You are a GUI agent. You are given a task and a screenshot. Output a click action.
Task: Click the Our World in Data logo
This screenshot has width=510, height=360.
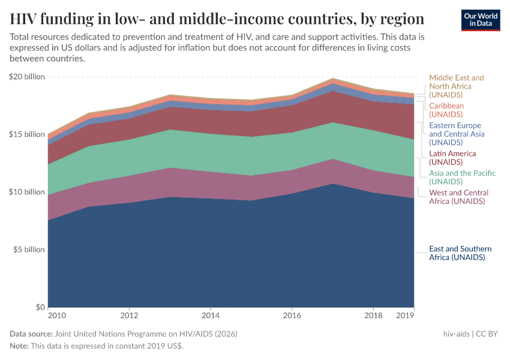click(x=481, y=20)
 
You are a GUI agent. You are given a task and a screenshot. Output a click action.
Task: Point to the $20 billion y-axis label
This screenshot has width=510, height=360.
click(x=27, y=77)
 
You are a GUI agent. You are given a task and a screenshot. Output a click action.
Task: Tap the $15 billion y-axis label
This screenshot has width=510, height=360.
click(x=27, y=134)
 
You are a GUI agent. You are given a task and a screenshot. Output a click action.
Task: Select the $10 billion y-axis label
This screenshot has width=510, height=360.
click(x=27, y=192)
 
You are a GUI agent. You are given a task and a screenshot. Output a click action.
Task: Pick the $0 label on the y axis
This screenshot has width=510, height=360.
click(x=39, y=307)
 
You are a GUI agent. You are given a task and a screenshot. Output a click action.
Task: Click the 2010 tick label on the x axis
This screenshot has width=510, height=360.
click(x=56, y=315)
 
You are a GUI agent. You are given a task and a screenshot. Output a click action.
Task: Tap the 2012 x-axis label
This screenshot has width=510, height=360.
click(x=129, y=315)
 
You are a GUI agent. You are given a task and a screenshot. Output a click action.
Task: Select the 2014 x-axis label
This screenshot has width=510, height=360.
click(x=211, y=315)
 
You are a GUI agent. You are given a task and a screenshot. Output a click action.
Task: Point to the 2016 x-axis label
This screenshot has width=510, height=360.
click(x=292, y=315)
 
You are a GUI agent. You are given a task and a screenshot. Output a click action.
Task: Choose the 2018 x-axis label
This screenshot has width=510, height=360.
click(x=373, y=315)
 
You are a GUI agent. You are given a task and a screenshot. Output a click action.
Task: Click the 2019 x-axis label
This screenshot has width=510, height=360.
click(x=406, y=315)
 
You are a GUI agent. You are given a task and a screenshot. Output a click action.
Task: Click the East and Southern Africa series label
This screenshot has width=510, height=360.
click(x=460, y=253)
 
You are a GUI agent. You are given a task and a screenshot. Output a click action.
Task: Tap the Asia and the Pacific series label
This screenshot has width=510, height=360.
click(x=462, y=177)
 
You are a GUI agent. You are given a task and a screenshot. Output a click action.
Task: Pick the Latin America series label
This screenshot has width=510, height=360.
click(x=452, y=158)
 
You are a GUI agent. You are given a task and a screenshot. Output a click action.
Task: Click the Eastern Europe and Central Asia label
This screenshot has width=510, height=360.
click(x=457, y=134)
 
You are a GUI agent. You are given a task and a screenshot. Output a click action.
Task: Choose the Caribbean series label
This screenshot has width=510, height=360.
click(x=446, y=110)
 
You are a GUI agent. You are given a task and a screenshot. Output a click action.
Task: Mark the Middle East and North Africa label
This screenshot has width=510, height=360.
click(x=456, y=86)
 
